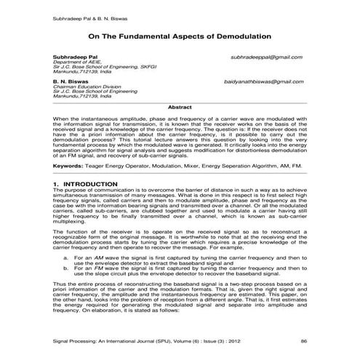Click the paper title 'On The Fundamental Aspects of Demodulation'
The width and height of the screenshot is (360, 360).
coord(180,34)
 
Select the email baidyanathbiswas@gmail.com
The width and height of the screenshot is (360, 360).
coord(265,84)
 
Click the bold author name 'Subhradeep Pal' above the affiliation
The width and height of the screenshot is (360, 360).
coord(71,56)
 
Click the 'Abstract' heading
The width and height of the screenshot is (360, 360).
coord(180,107)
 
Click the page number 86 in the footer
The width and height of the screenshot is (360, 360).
coord(303,339)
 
